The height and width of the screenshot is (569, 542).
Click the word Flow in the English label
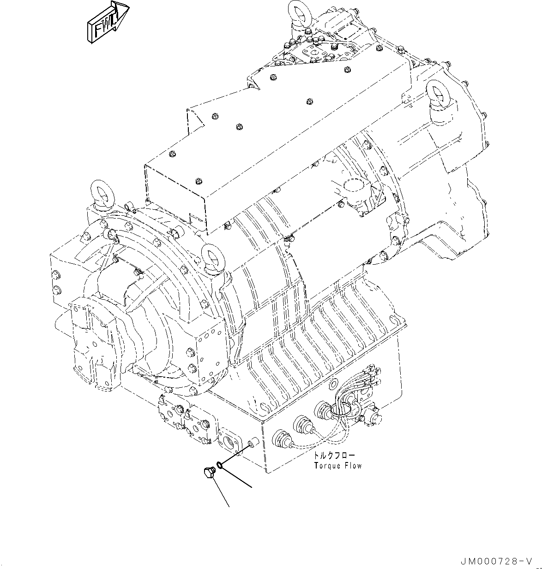(352, 465)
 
